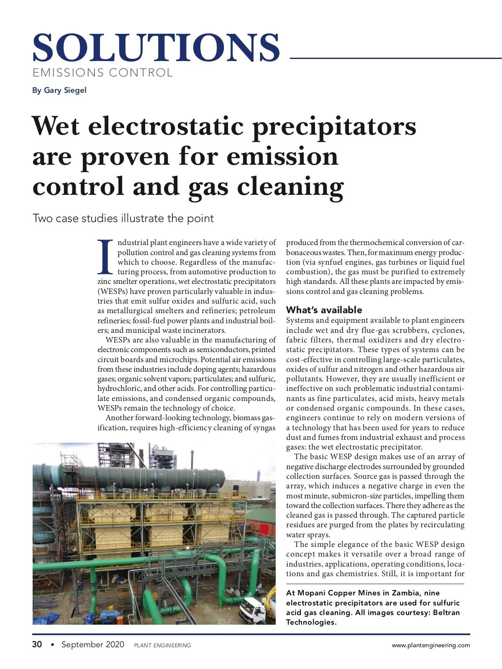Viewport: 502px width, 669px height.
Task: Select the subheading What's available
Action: coord(324,310)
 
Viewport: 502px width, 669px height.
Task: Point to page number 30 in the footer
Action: coord(37,644)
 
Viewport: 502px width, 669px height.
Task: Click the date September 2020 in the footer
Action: coord(93,644)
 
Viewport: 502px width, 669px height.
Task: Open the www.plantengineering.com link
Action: coord(430,645)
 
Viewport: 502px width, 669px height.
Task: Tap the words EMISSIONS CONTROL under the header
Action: coord(102,73)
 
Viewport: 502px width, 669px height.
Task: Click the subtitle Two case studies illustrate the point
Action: coord(123,218)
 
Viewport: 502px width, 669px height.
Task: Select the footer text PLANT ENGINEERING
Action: coord(162,645)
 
